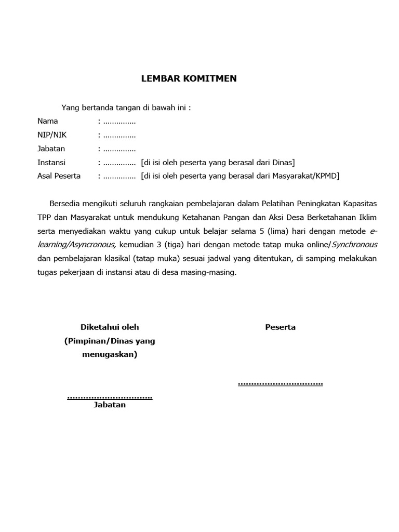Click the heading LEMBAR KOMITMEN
click(189, 79)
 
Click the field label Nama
click(47, 122)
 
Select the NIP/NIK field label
click(52, 135)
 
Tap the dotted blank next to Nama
click(119, 122)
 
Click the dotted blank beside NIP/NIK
click(119, 135)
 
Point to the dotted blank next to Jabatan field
click(119, 149)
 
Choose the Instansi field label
click(51, 163)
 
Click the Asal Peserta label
click(59, 176)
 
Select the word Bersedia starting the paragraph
click(65, 203)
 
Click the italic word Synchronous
click(354, 244)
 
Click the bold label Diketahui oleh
click(110, 327)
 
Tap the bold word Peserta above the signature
click(280, 327)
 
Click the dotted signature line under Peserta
click(280, 384)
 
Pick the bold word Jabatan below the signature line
click(110, 405)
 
